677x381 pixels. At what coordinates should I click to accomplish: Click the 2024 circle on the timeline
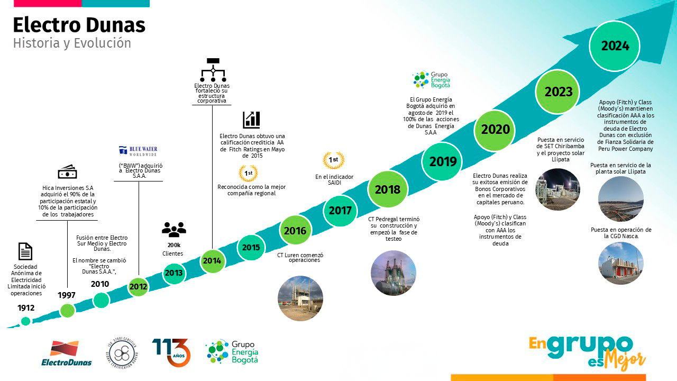tap(615, 46)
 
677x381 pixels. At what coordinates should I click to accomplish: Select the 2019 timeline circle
tap(443, 161)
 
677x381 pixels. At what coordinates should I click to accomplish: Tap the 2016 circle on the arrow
tap(295, 231)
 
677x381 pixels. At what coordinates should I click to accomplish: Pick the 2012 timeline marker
tap(138, 287)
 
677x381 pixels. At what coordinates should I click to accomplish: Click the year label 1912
tap(26, 308)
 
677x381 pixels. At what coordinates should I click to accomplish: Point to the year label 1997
tap(67, 295)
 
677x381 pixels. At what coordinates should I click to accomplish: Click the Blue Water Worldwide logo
tap(138, 151)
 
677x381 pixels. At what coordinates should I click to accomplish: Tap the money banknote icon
tap(67, 171)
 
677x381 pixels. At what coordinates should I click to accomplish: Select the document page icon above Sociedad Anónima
tap(25, 251)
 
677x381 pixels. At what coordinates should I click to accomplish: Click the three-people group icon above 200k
tap(174, 230)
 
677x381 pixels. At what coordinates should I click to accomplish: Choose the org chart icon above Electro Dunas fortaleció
tap(213, 70)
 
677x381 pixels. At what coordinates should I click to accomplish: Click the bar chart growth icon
tap(251, 120)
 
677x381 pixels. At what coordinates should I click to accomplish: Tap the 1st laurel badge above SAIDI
tap(334, 160)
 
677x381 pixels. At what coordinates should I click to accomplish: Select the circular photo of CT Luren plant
tap(300, 298)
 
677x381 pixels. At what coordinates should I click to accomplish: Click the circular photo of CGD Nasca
tap(621, 263)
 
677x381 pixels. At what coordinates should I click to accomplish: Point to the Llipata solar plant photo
tap(621, 199)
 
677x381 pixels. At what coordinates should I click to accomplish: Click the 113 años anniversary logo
tap(171, 352)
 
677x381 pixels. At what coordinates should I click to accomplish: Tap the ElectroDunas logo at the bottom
tap(67, 353)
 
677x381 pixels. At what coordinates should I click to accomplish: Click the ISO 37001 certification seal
tap(122, 352)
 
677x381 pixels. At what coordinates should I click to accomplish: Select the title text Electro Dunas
tap(79, 25)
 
